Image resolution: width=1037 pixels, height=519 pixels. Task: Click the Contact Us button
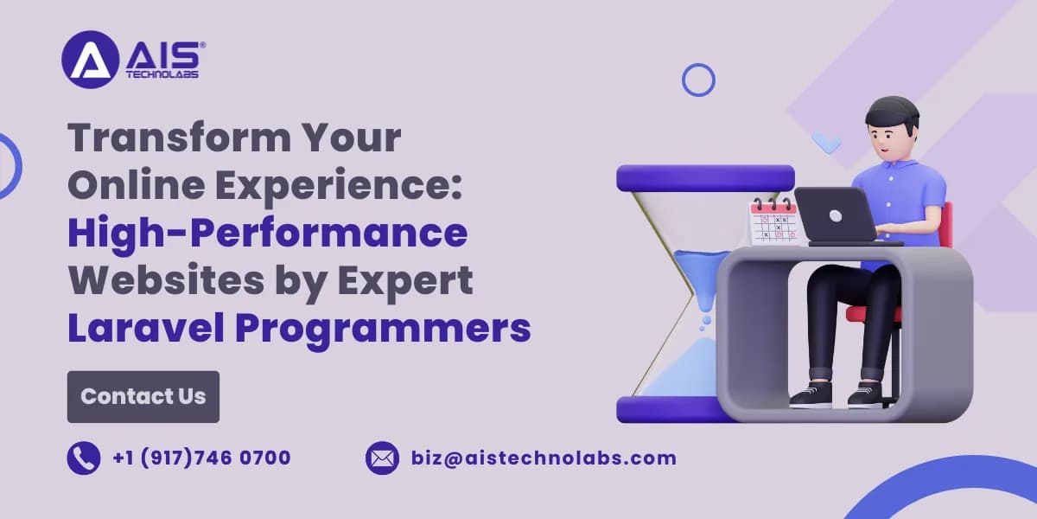(143, 396)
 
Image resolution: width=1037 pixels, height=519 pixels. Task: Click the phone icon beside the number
(84, 458)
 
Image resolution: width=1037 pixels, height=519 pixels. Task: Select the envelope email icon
(382, 458)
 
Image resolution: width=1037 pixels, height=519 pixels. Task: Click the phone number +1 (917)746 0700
(201, 458)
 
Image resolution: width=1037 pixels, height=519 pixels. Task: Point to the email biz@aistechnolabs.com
(544, 458)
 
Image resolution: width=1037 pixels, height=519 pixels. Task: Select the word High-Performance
(268, 233)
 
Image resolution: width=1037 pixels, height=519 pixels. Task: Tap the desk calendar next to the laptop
(772, 221)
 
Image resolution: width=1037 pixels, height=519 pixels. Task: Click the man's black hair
(892, 111)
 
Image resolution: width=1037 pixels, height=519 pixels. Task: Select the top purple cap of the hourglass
(705, 178)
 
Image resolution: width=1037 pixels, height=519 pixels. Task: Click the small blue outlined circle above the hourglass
(698, 80)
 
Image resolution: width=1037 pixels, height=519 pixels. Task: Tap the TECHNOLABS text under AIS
(162, 74)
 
